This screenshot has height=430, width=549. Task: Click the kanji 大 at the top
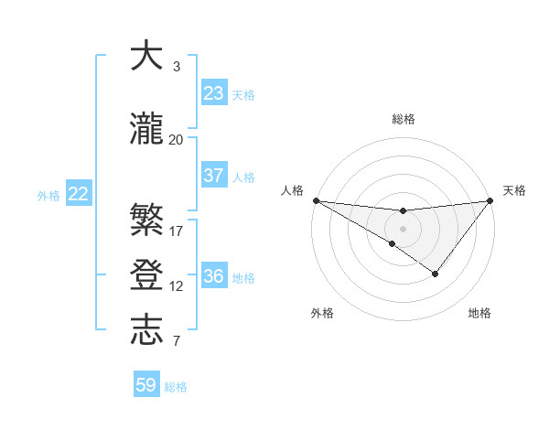146,57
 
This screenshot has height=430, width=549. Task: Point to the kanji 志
146,331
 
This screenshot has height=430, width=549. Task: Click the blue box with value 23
214,93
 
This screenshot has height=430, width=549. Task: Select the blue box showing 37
214,177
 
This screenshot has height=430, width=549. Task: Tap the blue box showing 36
214,277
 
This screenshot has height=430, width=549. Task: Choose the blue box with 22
79,194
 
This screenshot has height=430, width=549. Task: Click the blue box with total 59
146,385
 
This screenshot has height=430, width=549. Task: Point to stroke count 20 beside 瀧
177,140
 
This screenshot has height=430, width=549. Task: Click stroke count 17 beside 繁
177,231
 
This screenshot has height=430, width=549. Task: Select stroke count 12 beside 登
177,286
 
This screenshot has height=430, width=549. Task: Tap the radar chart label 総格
403,119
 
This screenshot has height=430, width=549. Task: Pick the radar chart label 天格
514,190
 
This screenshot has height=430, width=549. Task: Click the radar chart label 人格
292,190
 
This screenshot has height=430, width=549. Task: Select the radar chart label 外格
322,313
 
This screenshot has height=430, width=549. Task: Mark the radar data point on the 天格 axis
490,200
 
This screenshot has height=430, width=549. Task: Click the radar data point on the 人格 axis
316,200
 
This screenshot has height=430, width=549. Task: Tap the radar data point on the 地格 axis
436,274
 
